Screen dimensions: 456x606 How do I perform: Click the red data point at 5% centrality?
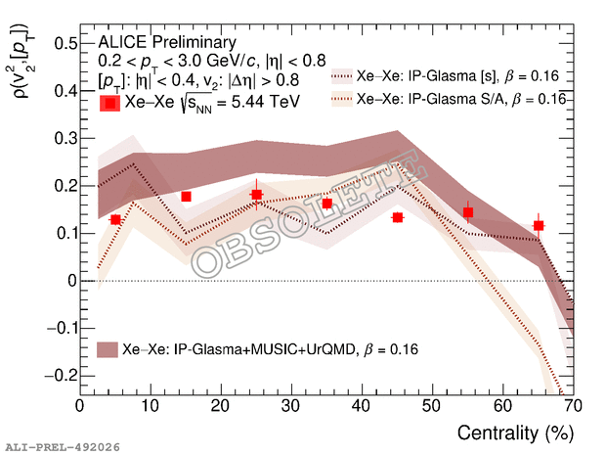115,220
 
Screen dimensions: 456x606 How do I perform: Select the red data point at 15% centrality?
186,197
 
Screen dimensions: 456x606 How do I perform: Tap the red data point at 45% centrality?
398,217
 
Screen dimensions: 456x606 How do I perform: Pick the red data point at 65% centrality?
539,226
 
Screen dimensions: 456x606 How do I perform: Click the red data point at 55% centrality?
468,212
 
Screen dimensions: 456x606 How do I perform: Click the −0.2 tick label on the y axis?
57,376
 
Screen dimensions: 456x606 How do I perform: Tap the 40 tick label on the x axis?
362,405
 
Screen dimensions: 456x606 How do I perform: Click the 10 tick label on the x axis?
151,405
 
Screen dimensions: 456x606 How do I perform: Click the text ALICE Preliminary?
167,43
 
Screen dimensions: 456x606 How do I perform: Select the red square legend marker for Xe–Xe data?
110,103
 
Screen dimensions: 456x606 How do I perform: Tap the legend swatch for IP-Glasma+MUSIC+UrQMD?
108,349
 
